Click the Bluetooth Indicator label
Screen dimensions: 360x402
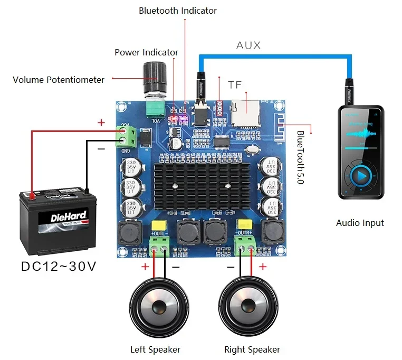[178, 11]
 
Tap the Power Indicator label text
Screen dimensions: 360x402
[146, 52]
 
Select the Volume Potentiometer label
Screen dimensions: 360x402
[59, 80]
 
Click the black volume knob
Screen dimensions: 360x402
[156, 77]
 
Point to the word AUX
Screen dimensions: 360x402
[248, 45]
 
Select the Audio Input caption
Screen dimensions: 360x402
[360, 223]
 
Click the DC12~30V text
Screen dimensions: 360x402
[59, 266]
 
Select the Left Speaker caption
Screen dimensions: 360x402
[155, 349]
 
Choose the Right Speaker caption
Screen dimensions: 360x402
[252, 349]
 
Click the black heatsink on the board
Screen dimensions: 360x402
[203, 187]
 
